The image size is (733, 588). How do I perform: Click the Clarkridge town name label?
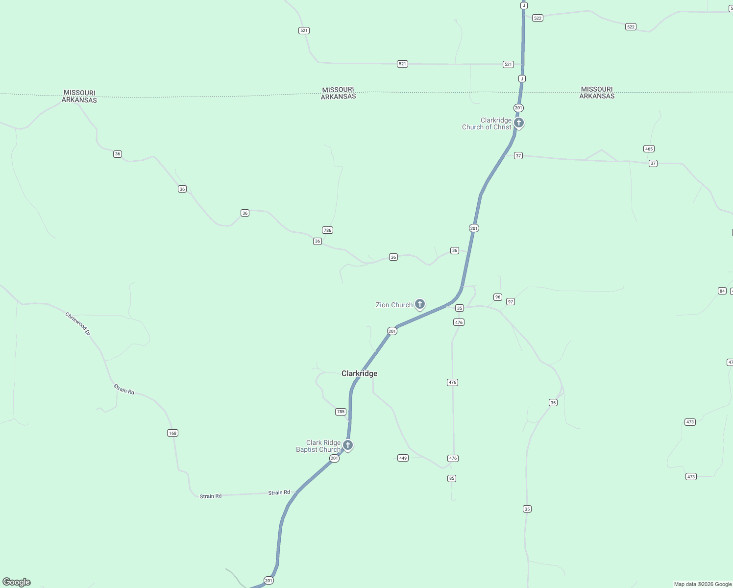point(359,373)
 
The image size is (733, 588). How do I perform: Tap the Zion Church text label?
point(394,305)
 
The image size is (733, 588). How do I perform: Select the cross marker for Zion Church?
point(420,304)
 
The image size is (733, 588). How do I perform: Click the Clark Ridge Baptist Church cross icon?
point(348,445)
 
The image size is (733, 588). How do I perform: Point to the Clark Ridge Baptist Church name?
point(318,446)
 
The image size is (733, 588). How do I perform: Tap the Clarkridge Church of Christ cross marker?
point(519,122)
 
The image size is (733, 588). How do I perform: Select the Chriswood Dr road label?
point(78,324)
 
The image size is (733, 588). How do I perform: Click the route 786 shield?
point(327,230)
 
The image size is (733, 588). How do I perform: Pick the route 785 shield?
point(341,412)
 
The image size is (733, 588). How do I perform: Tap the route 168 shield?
point(172,433)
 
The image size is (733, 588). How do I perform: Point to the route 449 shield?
point(403,458)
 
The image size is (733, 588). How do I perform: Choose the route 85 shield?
point(452,478)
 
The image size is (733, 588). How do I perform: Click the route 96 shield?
point(498,297)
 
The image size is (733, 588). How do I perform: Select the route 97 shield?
point(511,302)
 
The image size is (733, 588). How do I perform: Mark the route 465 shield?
point(649,149)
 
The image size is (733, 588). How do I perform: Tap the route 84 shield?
point(722,291)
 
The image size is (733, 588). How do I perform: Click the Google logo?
point(17,582)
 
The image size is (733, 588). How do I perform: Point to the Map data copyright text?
point(703,584)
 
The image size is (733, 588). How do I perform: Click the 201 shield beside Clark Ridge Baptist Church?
point(334,459)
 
